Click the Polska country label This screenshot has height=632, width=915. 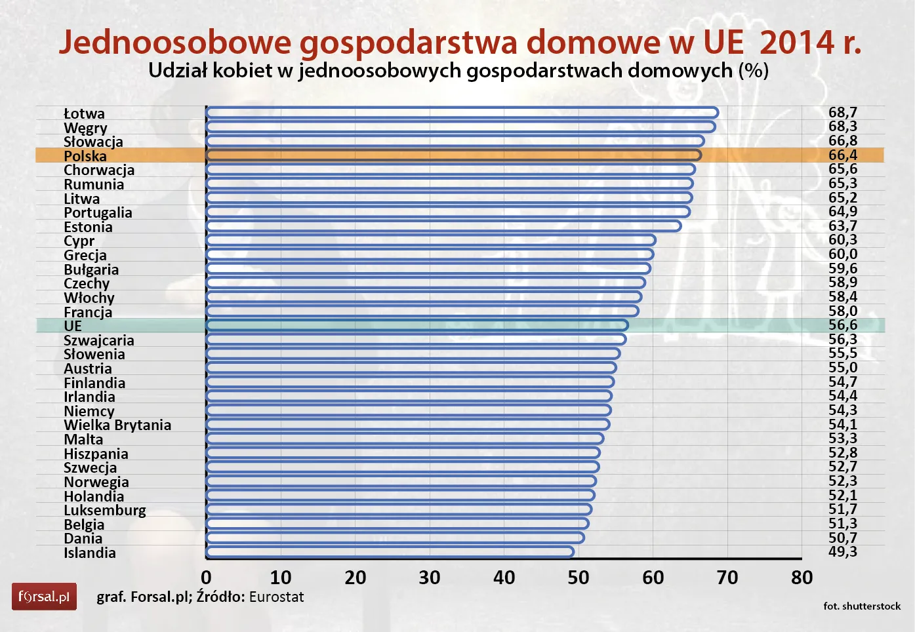[x=85, y=156]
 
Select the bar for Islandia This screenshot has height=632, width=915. [x=390, y=552]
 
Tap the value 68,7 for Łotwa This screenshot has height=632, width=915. [x=842, y=113]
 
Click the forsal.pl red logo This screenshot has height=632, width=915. [x=44, y=597]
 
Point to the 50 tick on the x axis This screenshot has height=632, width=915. [x=579, y=578]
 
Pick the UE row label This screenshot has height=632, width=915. [x=73, y=326]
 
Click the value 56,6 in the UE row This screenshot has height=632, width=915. [x=842, y=325]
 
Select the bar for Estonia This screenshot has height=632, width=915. [x=443, y=226]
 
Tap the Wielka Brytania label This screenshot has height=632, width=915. [x=117, y=425]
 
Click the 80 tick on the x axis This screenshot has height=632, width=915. [x=802, y=578]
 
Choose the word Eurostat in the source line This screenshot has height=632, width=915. [x=276, y=597]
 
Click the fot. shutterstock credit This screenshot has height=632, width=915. [x=862, y=606]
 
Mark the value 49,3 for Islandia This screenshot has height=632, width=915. [x=842, y=551]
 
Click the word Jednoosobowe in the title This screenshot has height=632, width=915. [x=175, y=42]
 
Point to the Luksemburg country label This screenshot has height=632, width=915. [x=105, y=510]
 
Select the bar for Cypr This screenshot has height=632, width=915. [x=430, y=240]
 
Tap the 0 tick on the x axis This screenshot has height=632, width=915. [x=206, y=578]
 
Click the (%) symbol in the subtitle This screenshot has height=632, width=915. [x=753, y=70]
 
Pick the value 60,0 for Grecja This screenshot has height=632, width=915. [x=842, y=254]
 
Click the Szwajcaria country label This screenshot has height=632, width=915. [x=99, y=340]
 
